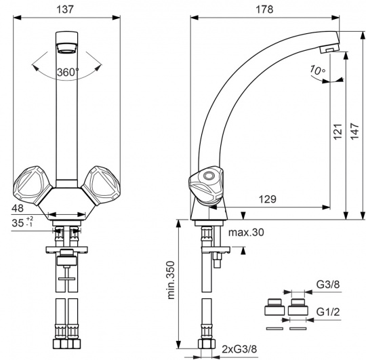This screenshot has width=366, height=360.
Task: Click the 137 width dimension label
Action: [x=65, y=9]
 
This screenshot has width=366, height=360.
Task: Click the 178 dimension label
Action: [x=264, y=9]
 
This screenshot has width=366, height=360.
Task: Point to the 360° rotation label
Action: [x=68, y=72]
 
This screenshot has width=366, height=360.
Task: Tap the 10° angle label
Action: [x=317, y=70]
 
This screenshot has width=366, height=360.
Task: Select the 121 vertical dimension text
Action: [x=338, y=132]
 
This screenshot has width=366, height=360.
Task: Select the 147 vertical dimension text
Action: [x=354, y=132]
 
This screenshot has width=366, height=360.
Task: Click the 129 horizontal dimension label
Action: [x=268, y=199]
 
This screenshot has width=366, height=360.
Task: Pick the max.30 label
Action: [x=246, y=233]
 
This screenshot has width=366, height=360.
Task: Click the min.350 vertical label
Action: [x=171, y=280]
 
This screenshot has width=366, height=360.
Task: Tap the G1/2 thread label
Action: [x=328, y=312]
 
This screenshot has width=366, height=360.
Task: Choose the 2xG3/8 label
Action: [x=239, y=349]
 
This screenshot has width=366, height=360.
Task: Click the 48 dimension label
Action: [x=18, y=208]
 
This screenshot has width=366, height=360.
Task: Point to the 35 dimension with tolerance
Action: [x=22, y=222]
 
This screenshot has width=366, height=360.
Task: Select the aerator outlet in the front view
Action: [x=66, y=47]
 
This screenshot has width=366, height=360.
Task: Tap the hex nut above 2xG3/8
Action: [x=206, y=344]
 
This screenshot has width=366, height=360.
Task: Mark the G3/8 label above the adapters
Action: [x=328, y=285]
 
